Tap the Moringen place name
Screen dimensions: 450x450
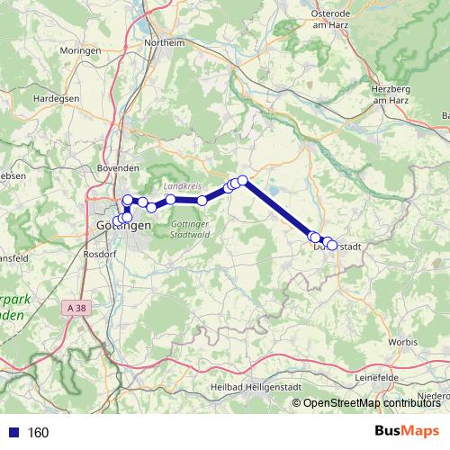click(81, 51)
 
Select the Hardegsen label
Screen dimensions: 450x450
click(31, 97)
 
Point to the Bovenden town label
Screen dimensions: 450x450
click(118, 166)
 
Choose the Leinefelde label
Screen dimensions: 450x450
click(379, 378)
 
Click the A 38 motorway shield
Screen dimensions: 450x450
click(77, 308)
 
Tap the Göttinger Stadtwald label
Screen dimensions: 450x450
click(190, 229)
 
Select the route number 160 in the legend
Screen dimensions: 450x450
click(38, 433)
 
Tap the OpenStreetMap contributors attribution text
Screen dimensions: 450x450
click(371, 403)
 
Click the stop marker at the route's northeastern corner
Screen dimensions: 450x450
click(242, 180)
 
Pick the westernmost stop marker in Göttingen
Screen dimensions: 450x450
click(116, 221)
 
